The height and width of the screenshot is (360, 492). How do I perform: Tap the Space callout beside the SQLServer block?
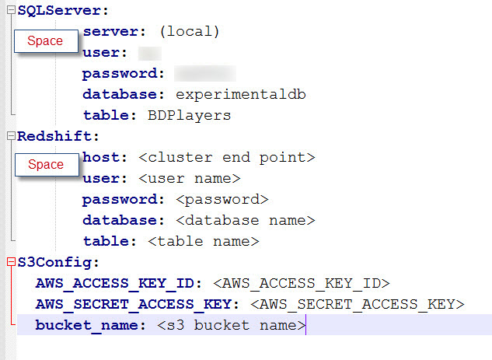(x=45, y=41)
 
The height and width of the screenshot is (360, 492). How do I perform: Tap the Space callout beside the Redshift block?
(x=45, y=165)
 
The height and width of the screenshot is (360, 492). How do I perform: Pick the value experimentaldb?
(x=241, y=95)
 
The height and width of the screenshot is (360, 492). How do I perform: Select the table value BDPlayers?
(x=189, y=116)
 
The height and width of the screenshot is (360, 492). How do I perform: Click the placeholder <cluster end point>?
(x=226, y=158)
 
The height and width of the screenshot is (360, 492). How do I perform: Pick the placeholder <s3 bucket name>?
(x=232, y=325)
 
